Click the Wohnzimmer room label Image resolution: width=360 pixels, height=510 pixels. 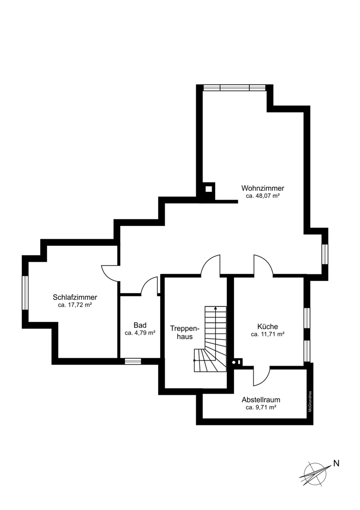[x=263, y=188]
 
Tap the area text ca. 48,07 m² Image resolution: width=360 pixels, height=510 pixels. [x=263, y=196]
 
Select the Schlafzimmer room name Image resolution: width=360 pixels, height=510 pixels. [x=75, y=297]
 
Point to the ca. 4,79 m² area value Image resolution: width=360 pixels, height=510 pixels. [x=140, y=333]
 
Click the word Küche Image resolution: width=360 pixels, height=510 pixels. [x=267, y=327]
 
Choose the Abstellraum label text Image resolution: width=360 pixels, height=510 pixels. [x=261, y=400]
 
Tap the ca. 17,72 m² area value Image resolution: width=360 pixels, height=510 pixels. [x=75, y=305]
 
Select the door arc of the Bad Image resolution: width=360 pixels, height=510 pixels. [x=149, y=286]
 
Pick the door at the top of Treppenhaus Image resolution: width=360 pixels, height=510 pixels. [x=210, y=265]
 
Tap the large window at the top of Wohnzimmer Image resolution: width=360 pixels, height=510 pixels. [x=234, y=88]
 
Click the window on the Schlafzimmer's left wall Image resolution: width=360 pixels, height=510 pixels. [x=24, y=292]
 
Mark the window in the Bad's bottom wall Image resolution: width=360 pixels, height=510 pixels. [x=133, y=361]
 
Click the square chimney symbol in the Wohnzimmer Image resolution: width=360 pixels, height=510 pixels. [x=208, y=189]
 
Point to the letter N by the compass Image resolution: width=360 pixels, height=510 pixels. [x=336, y=464]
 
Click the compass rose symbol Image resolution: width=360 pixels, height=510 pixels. [x=314, y=473]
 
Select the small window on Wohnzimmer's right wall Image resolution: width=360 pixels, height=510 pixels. [x=324, y=254]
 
